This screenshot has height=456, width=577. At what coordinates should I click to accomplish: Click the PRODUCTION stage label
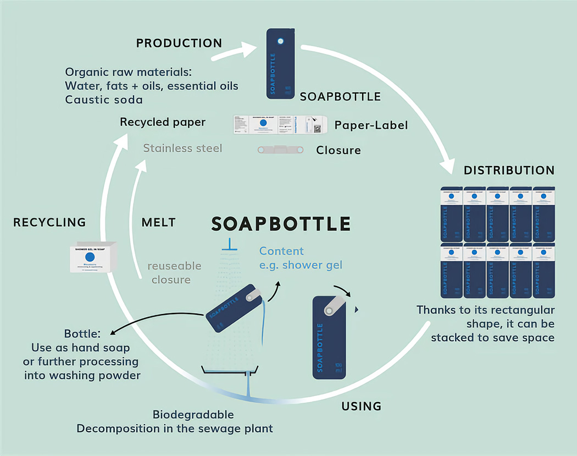[179, 43]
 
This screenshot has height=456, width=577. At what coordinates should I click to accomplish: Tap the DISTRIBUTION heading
[509, 170]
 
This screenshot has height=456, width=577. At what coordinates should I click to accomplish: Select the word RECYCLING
[49, 222]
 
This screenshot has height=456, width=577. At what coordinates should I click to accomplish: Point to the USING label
[361, 406]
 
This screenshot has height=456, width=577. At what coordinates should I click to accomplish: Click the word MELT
[158, 222]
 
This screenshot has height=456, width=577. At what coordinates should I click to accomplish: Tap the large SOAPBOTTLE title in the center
[281, 223]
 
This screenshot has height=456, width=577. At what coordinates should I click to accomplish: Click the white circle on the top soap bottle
[281, 41]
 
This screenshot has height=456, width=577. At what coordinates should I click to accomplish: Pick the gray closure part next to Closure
[280, 150]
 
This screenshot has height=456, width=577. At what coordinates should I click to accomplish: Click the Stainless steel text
[182, 148]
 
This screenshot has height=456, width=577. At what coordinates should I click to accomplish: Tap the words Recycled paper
[163, 122]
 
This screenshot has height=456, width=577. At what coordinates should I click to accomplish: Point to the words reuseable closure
[174, 273]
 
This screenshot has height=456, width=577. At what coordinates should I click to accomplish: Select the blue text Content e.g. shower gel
[301, 258]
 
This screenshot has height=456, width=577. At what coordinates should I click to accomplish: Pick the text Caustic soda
[104, 100]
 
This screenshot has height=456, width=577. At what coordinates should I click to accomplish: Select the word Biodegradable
[193, 415]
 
